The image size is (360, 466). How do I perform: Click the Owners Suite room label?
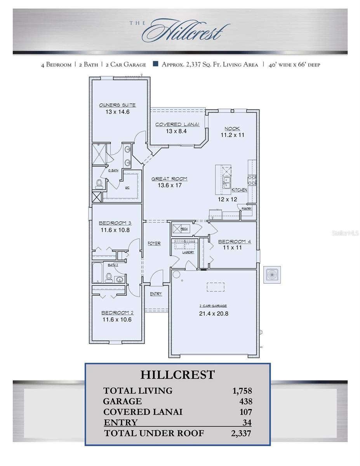coord(117,105)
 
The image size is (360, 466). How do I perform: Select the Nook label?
coord(232,129)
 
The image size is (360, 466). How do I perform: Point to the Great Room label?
coord(169,179)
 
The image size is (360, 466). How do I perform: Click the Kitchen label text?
coord(239,190)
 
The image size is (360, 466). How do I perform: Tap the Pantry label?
coord(247,209)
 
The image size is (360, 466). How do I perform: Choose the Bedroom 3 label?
coord(115,223)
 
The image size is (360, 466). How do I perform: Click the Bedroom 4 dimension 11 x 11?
coord(232,247)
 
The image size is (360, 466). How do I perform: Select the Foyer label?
coord(154,243)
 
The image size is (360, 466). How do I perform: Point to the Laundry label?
coord(188,252)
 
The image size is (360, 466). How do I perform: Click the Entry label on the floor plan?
coord(156,294)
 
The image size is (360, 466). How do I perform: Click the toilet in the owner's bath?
coord(99,183)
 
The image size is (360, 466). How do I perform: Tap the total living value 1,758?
coord(242,391)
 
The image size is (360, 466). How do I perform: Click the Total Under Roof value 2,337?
coord(241,433)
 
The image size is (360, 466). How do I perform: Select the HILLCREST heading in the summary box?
coord(177,375)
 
